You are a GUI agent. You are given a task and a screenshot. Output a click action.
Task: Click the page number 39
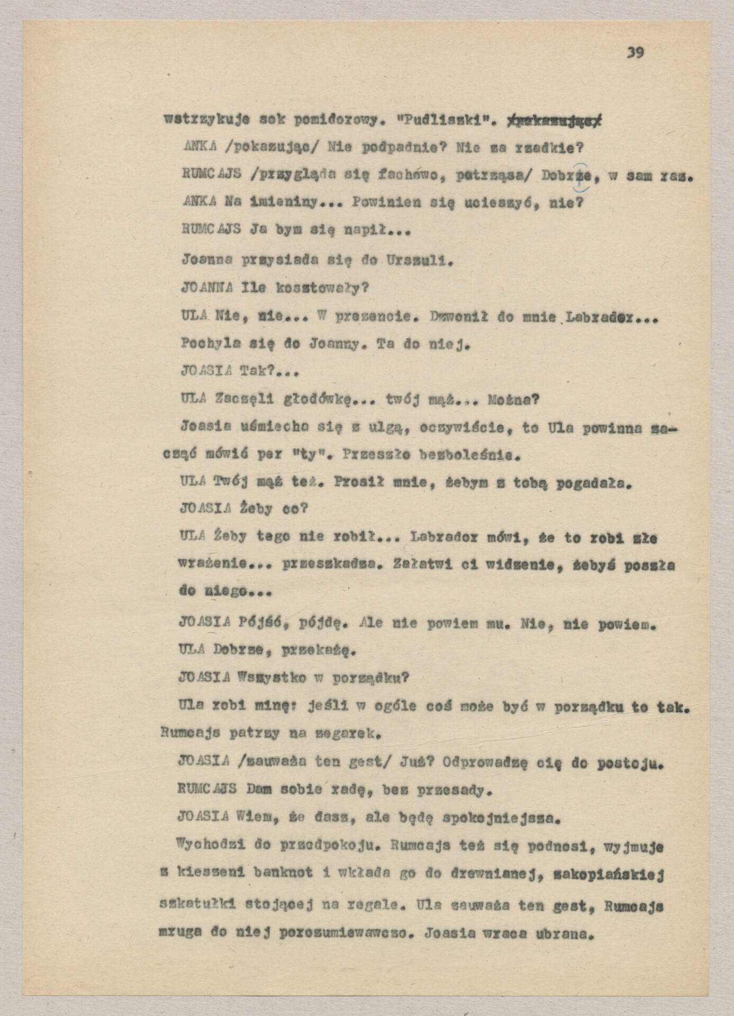(x=635, y=52)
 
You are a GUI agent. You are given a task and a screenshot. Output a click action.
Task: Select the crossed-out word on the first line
(x=554, y=121)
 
